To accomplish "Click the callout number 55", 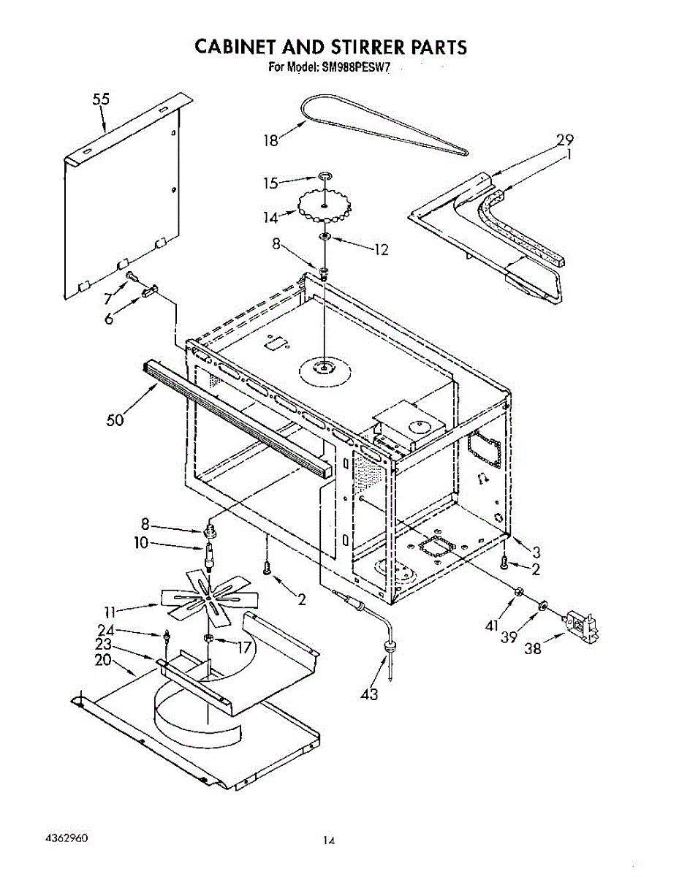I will pos(101,100).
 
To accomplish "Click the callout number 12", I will pos(380,250).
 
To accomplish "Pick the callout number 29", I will pos(564,140).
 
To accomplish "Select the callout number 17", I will pos(243,646).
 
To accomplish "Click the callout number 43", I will pos(370,694).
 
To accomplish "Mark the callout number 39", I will pos(509,637).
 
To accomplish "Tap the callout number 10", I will pos(141,542).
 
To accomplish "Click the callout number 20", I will pos(103,659).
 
